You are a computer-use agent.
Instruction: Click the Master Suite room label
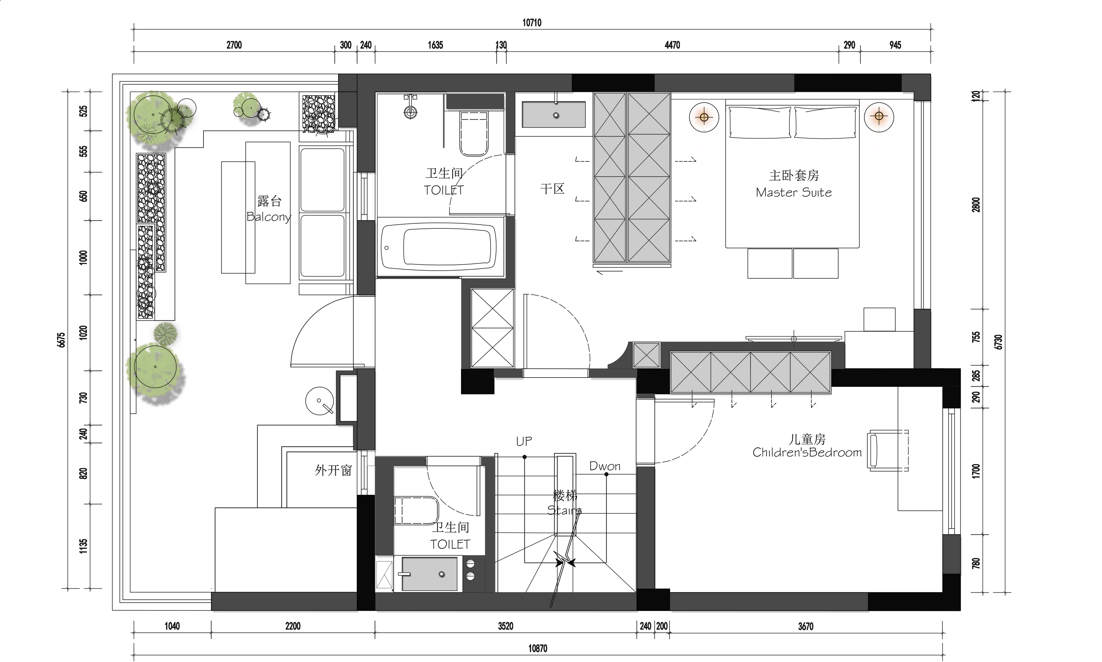(x=794, y=193)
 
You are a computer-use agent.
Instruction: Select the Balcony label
(x=269, y=217)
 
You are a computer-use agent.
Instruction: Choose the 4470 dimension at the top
(x=672, y=45)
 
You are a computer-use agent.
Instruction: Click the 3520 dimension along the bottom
(x=505, y=626)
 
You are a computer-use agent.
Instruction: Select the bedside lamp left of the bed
(x=704, y=117)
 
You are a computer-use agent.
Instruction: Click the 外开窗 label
(x=333, y=470)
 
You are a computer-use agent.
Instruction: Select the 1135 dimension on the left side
(x=83, y=546)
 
